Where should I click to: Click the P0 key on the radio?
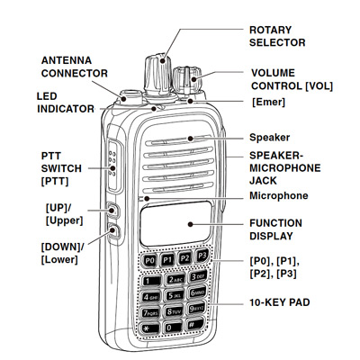(x=149, y=260)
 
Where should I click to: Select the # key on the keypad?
(x=197, y=329)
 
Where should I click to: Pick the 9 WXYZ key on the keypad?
(x=198, y=311)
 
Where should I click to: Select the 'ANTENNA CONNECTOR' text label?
(x=75, y=67)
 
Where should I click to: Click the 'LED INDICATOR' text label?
(x=65, y=102)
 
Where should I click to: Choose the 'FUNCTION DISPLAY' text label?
(x=279, y=229)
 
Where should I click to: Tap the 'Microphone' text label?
(x=279, y=195)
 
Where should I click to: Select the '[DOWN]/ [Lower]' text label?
(x=64, y=251)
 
